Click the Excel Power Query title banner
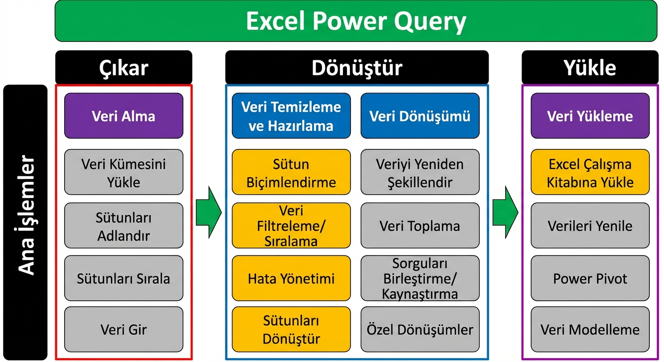tap(356, 21)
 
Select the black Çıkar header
tap(124, 68)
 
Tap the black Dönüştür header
tap(357, 68)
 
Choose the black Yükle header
tap(589, 68)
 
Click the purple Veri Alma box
tap(124, 116)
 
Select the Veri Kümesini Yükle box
tap(124, 173)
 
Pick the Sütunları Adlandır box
tap(124, 226)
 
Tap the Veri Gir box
tap(124, 329)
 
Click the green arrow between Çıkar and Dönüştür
tap(208, 212)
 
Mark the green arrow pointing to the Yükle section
tap(505, 212)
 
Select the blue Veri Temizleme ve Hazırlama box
tap(291, 116)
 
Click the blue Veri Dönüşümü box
tap(420, 116)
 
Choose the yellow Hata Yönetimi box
tap(291, 278)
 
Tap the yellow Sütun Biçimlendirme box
tap(291, 173)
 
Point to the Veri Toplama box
tap(420, 226)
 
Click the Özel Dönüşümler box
tap(420, 329)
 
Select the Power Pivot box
tap(590, 278)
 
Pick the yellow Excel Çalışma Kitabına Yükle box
tap(590, 173)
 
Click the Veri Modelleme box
tap(590, 329)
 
